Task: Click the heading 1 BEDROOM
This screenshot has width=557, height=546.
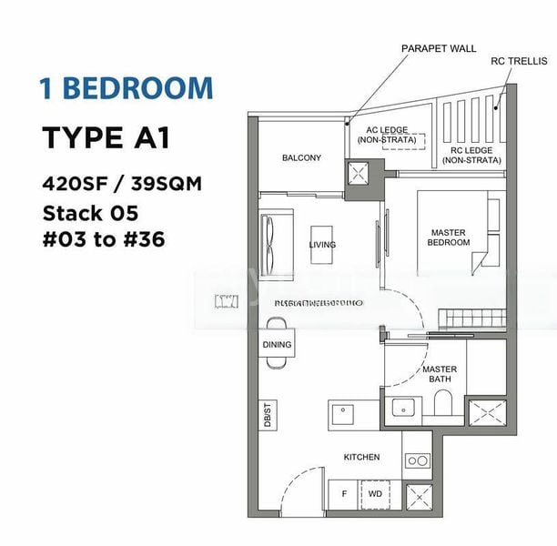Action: click(126, 88)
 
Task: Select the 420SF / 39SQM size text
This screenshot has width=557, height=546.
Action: click(121, 183)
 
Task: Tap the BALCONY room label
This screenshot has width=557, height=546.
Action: click(301, 158)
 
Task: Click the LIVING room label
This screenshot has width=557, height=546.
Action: click(322, 245)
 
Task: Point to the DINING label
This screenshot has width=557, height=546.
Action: click(277, 345)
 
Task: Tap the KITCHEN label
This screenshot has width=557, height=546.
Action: click(361, 457)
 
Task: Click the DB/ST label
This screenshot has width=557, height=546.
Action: click(268, 417)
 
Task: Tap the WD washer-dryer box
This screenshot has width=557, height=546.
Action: click(374, 496)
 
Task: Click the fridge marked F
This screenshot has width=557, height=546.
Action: click(343, 496)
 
